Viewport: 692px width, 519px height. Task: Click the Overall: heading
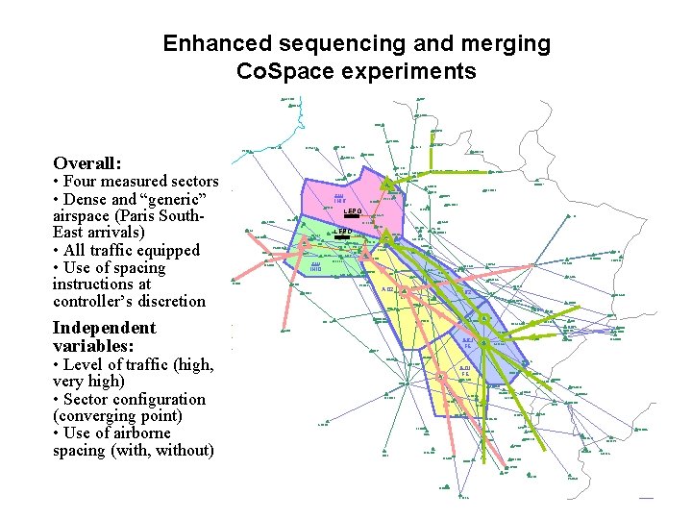point(92,163)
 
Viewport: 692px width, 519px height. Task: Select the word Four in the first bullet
point(86,182)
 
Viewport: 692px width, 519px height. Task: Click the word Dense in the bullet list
point(88,199)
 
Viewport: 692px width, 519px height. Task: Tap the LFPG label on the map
point(351,210)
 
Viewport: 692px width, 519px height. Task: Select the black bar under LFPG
point(351,217)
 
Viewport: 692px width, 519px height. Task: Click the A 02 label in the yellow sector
point(388,289)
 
